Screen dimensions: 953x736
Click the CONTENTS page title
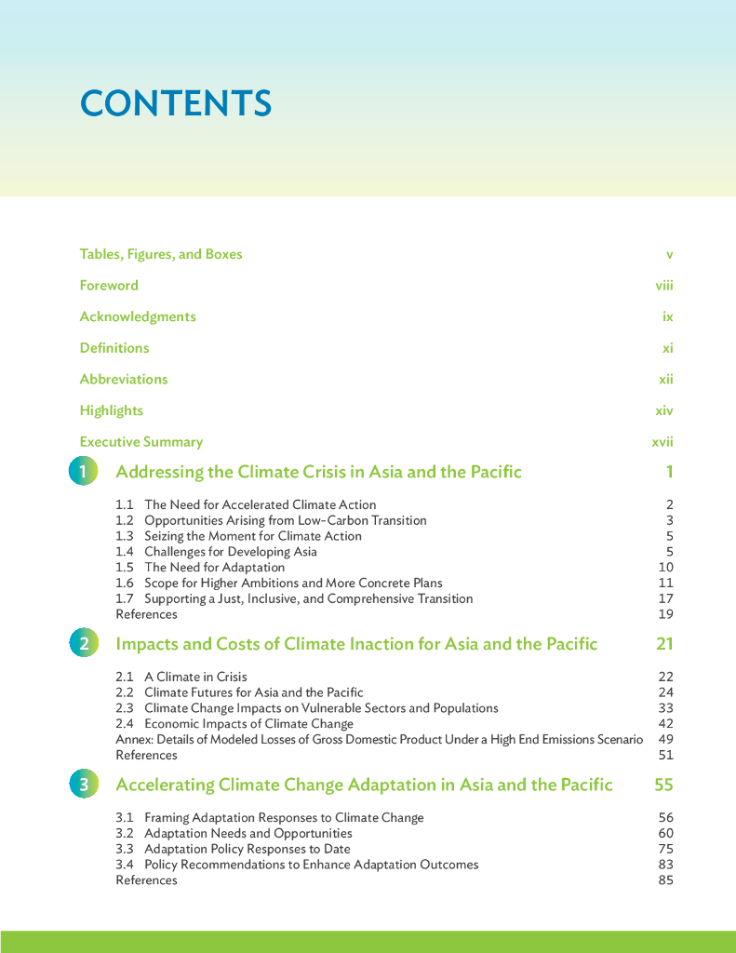coord(176,103)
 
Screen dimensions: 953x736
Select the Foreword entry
coord(109,286)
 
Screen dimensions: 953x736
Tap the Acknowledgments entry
coord(138,316)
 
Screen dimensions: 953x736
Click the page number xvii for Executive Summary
coord(662,442)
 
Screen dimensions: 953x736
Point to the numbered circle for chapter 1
coord(83,472)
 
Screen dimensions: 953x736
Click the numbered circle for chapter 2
coord(83,643)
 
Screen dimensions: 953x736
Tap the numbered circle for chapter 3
coord(83,785)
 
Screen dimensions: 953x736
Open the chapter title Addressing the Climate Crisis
coord(318,472)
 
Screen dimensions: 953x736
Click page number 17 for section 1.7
coord(665,598)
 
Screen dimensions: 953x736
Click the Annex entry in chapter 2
coord(379,739)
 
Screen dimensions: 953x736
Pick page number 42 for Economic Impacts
coord(665,723)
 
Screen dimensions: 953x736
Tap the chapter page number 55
coord(663,785)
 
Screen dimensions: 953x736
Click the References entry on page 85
coord(146,880)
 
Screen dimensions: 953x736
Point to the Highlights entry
coord(112,410)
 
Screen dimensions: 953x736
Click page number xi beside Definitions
coord(667,348)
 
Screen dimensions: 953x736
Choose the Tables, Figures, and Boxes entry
coord(161,254)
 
